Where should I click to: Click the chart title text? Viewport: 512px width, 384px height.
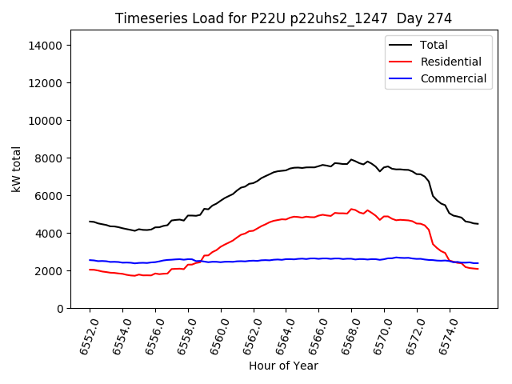[283, 18]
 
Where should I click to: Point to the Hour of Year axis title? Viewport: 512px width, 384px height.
[283, 366]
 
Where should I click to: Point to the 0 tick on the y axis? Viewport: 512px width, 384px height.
[59, 309]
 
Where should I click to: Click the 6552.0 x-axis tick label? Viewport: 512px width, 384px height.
[85, 334]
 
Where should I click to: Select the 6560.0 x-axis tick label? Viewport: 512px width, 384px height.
[216, 334]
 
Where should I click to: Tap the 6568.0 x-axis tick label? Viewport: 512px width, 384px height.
[346, 334]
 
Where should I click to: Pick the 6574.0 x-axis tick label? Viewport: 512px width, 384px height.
[445, 334]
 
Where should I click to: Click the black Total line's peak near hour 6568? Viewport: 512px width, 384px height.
[351, 159]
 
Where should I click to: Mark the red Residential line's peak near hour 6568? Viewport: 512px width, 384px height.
[351, 209]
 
